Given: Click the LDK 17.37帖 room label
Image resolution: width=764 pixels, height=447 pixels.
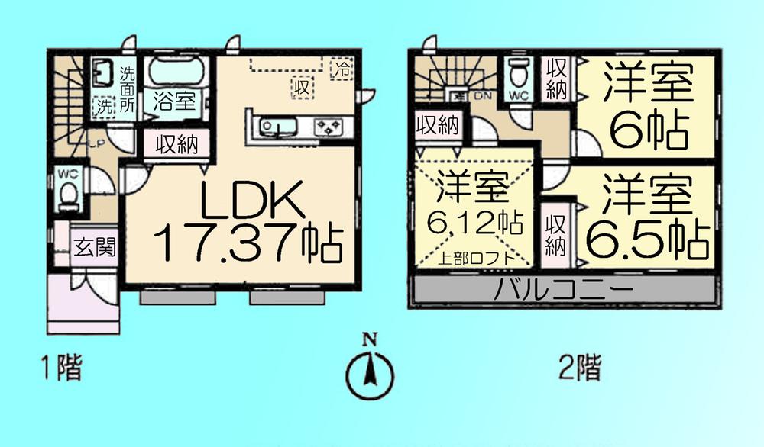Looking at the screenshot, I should tap(246, 220).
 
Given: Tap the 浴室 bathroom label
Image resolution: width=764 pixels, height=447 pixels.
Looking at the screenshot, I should tap(173, 101).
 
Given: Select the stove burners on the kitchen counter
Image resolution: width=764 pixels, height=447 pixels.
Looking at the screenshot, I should tap(330, 127).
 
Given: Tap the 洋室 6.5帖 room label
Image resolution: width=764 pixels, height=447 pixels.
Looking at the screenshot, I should tap(646, 217).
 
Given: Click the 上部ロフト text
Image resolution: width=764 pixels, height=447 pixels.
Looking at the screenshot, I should tap(474, 259).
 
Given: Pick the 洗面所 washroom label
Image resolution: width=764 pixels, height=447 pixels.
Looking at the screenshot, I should tap(128, 90).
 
